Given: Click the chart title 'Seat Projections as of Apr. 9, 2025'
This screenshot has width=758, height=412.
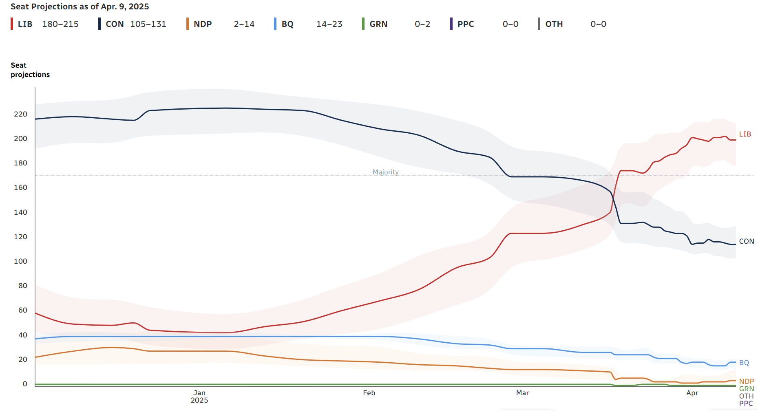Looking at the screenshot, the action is (x=80, y=7).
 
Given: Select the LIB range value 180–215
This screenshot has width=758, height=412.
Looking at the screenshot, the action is (x=60, y=24).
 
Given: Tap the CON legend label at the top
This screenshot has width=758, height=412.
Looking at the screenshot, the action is (x=115, y=24).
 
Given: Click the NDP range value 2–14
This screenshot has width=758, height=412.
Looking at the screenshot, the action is (x=244, y=24).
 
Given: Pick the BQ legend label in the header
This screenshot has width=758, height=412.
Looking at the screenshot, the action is (x=287, y=24).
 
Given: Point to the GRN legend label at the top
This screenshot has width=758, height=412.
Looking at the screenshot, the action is (x=378, y=24).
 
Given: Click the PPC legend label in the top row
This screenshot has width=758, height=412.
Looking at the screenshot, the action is (x=466, y=24).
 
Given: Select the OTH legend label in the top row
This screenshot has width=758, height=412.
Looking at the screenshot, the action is (x=554, y=24).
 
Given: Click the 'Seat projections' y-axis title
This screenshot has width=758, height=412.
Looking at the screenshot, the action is (x=30, y=70).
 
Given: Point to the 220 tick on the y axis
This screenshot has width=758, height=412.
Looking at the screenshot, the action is (x=20, y=114).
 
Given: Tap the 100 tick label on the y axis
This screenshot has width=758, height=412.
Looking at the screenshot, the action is (x=20, y=261).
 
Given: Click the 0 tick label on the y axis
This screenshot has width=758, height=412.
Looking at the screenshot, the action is (x=25, y=384).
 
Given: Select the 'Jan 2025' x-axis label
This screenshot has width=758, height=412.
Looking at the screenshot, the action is (x=199, y=397).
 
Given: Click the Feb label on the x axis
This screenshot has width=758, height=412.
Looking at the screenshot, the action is (x=369, y=393).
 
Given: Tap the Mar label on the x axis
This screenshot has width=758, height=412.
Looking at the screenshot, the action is (x=522, y=393).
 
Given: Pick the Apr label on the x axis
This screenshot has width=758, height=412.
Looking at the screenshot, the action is (x=692, y=393).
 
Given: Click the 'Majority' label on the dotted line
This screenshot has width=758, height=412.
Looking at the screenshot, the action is (x=386, y=172).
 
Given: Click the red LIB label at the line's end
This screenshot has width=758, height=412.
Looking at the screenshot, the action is (x=745, y=134).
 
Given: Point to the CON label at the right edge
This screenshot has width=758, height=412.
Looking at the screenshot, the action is (x=747, y=241).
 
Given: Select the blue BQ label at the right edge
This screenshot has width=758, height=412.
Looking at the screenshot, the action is (x=744, y=363).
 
